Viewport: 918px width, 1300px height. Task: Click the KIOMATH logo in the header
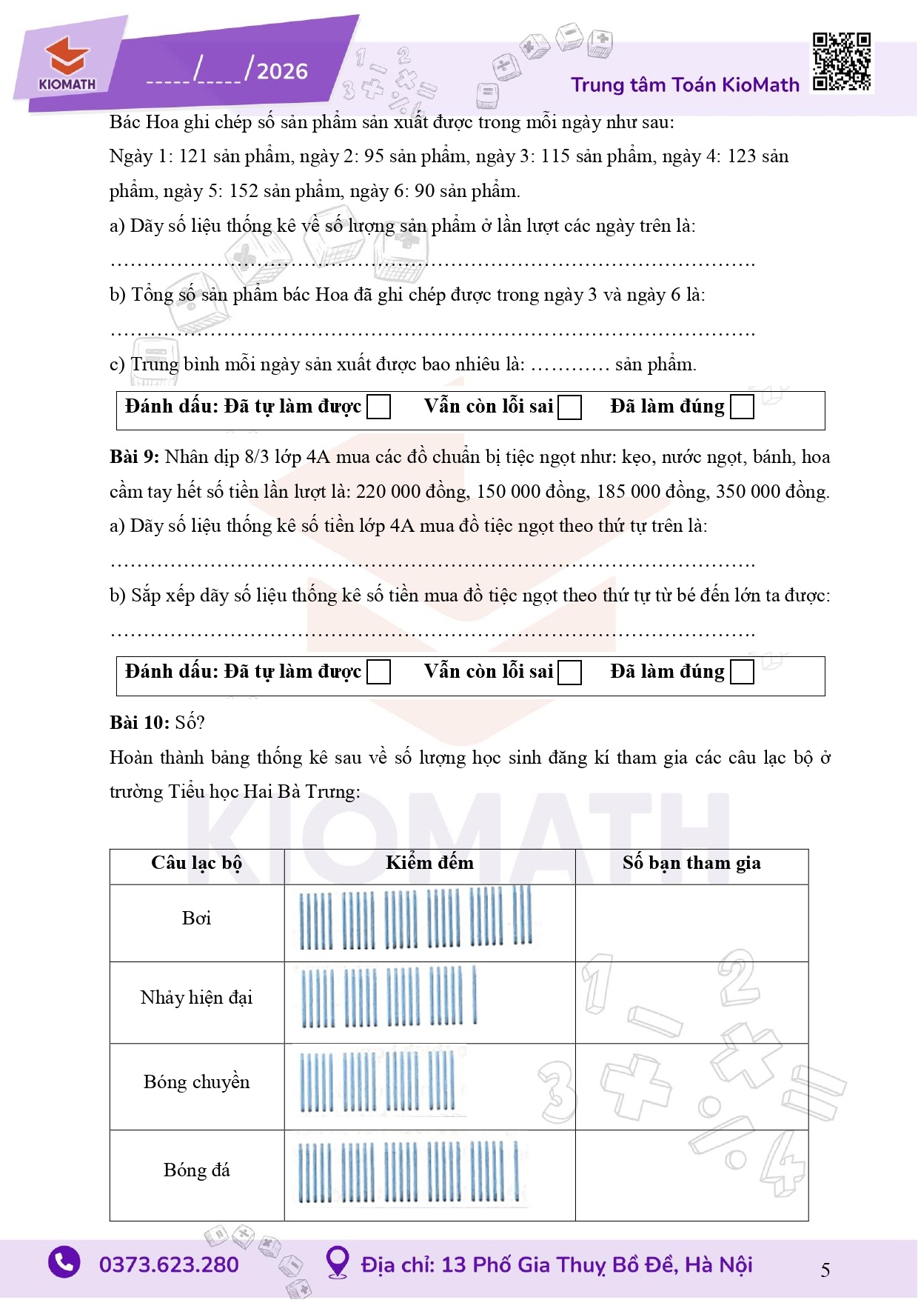(67, 65)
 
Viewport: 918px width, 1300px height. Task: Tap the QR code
(841, 62)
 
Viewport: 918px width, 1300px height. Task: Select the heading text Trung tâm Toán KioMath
(685, 84)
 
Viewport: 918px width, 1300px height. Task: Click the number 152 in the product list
(244, 191)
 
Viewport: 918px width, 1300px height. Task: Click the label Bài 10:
(139, 722)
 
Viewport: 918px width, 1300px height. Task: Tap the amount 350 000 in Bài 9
(750, 492)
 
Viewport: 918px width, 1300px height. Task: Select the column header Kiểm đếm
(429, 863)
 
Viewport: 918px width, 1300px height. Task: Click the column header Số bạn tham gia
(691, 863)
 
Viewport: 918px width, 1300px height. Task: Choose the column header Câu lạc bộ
(196, 863)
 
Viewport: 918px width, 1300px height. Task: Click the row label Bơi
(196, 919)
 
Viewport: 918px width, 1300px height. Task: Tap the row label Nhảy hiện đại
(196, 998)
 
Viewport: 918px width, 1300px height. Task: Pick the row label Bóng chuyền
(196, 1082)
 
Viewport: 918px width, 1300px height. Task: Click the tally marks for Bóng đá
(409, 1172)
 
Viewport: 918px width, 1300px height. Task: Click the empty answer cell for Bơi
(691, 922)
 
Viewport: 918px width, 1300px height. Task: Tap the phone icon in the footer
(64, 1262)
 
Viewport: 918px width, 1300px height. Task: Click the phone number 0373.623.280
(169, 1264)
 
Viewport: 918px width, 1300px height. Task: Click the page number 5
(825, 1270)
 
